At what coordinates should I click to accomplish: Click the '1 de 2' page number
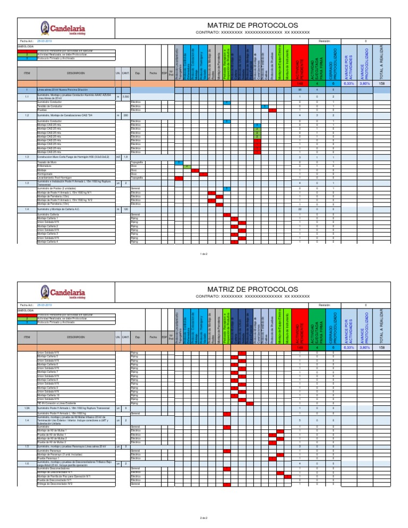click(x=203, y=254)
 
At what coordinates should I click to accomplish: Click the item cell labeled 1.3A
click(x=27, y=407)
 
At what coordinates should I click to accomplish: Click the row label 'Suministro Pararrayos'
click(x=48, y=450)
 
